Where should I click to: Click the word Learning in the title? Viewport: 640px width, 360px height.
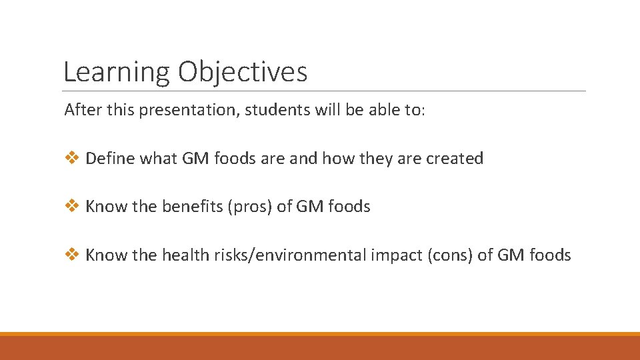click(117, 72)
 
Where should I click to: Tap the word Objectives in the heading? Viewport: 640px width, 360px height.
click(242, 72)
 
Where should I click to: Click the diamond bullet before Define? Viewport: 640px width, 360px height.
click(73, 159)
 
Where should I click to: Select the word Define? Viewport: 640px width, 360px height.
click(108, 159)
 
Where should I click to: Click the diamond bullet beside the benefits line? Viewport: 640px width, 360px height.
click(73, 207)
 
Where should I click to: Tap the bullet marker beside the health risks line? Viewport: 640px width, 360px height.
click(73, 255)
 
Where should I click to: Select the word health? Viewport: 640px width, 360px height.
click(184, 255)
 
